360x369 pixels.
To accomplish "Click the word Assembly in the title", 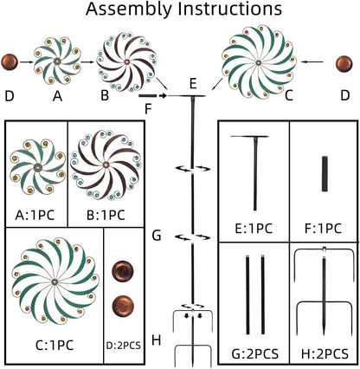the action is click(129, 10).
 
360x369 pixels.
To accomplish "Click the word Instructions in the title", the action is click(229, 9).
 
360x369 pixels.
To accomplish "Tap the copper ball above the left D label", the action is click(10, 61).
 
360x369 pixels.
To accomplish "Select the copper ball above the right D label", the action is click(344, 63).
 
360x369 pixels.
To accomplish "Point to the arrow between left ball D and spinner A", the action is click(27, 61).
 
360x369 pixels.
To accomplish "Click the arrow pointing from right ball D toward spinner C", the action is click(312, 61).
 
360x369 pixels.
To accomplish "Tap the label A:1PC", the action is click(35, 215).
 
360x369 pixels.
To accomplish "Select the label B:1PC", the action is click(106, 215).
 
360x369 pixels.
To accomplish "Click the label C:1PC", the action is click(55, 345).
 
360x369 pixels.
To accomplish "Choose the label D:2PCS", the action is click(124, 346).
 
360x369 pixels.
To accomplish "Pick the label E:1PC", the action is click(254, 229).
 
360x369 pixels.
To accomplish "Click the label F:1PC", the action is click(323, 229).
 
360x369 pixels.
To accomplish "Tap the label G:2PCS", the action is click(255, 353).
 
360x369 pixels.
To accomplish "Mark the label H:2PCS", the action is click(325, 353).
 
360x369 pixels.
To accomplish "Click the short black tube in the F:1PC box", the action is click(325, 174).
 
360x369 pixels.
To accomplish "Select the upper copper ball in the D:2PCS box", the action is click(123, 270).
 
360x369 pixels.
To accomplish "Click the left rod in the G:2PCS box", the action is click(247, 295).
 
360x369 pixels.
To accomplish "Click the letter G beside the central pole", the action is click(157, 236).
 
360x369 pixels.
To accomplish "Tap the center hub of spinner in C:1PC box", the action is click(55, 282).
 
